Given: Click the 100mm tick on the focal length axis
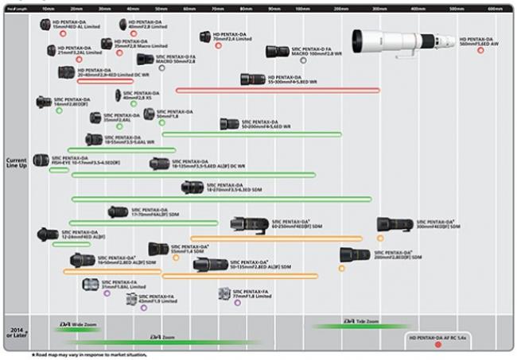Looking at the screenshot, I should click(x=302, y=9).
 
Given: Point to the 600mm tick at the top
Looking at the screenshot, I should click(x=495, y=9).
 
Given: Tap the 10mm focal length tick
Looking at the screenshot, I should click(x=48, y=9).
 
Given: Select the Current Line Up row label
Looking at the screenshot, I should click(x=16, y=163).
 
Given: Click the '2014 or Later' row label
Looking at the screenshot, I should click(x=16, y=332).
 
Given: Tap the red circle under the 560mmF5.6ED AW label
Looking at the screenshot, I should click(x=480, y=50).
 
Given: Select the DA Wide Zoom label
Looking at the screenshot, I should click(x=76, y=324).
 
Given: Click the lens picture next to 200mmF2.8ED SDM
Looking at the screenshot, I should click(x=355, y=255).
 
